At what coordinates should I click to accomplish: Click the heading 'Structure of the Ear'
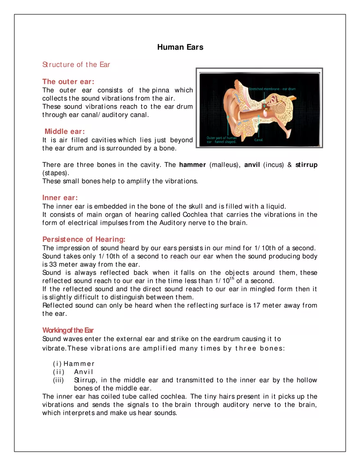[76, 65]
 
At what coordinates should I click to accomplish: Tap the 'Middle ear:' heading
[65, 131]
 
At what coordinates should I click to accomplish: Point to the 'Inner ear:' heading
[60, 198]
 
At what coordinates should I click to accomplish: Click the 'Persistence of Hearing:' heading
[84, 239]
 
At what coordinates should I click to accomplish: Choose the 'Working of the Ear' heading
[68, 330]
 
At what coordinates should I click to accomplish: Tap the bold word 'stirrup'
[306, 165]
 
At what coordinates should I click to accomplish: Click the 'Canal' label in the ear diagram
[259, 140]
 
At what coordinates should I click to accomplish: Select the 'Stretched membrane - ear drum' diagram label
[272, 89]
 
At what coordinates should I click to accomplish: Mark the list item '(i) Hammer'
[74, 364]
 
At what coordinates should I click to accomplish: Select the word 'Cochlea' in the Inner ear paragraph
[196, 214]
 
